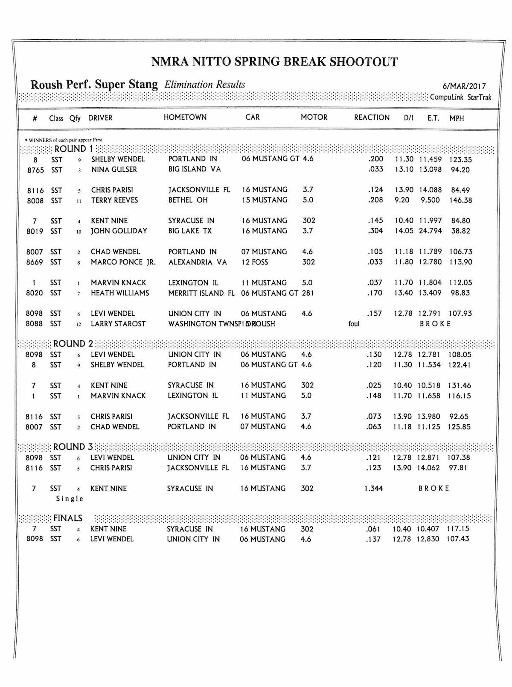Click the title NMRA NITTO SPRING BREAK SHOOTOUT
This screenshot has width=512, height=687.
[x=274, y=62]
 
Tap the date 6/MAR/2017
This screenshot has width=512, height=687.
[x=465, y=87]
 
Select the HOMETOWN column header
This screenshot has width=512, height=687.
[x=185, y=117]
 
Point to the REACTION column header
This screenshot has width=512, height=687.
[x=372, y=117]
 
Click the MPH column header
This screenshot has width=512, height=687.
[x=456, y=118]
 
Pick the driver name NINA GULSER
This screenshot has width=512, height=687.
[x=114, y=170]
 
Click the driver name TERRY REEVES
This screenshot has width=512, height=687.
[x=114, y=200]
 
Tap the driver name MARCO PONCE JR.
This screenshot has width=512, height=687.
[x=123, y=262]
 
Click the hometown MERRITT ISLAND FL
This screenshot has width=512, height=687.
[x=201, y=293]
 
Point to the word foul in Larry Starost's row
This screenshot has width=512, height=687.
[x=354, y=324]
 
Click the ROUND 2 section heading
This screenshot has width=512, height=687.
[x=73, y=344]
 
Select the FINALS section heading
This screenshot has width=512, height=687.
[x=67, y=518]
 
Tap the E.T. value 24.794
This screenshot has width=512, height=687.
[x=430, y=231]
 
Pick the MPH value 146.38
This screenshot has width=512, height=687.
[x=460, y=200]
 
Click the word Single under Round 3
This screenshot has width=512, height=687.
[x=70, y=499]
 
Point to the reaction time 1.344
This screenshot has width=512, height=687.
[x=373, y=488]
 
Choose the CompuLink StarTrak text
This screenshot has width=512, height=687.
[x=460, y=97]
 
